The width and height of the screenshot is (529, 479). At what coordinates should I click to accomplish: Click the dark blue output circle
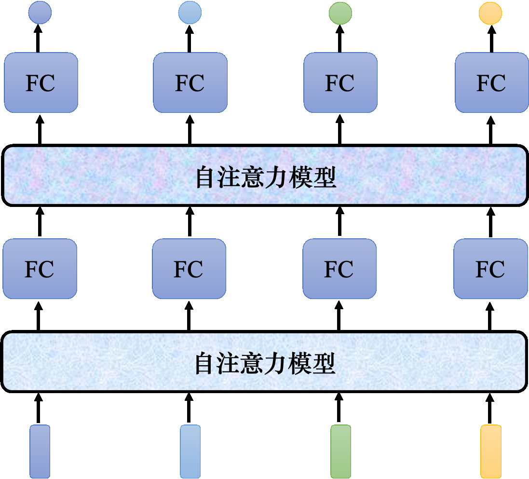[40, 13]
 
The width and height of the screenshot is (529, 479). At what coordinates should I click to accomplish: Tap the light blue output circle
[190, 13]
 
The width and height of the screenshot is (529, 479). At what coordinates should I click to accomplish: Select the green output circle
[340, 13]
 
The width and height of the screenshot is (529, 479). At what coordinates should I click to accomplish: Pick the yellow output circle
[490, 13]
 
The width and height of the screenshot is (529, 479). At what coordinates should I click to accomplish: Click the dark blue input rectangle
[40, 451]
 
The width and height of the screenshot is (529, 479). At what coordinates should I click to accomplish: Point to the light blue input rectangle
[190, 451]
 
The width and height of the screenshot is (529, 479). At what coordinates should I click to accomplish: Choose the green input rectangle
[340, 451]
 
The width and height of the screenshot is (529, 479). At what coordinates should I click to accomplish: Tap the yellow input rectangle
[491, 451]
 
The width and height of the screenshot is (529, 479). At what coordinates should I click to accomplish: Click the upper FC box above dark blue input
[41, 82]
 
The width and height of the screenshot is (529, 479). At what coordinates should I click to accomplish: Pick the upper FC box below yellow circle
[491, 82]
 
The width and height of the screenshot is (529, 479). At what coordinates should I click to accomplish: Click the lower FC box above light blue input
[189, 269]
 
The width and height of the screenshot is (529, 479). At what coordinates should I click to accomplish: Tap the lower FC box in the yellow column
[490, 269]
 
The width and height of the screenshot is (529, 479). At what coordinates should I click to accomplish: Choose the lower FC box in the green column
[339, 269]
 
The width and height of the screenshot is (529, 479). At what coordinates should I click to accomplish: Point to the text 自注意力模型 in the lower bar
[264, 363]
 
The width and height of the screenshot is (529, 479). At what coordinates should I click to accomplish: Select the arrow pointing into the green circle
[339, 39]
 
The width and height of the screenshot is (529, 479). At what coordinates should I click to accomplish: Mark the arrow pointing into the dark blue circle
[39, 39]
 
